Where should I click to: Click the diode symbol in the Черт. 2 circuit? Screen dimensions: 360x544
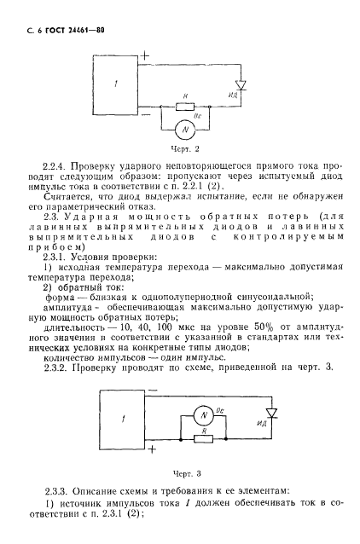click(241, 85)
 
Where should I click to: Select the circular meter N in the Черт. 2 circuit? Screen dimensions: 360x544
click(185, 129)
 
